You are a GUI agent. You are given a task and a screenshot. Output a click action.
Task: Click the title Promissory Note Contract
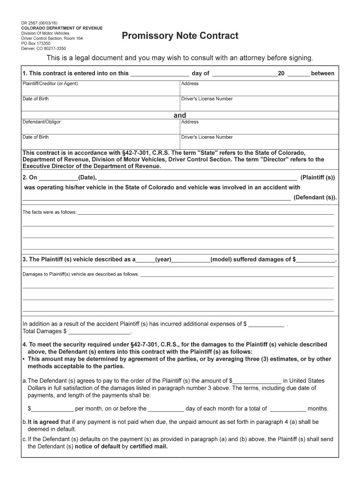180,36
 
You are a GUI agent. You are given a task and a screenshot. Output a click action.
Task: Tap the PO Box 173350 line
36,43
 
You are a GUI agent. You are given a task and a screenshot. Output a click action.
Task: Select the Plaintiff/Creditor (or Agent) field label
50,84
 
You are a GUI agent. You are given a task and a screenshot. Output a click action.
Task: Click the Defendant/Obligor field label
42,122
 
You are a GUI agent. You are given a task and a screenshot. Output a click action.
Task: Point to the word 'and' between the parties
180,115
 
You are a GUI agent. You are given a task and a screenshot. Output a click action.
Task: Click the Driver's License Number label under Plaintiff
207,99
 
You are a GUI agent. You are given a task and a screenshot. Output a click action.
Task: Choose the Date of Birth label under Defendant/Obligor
36,137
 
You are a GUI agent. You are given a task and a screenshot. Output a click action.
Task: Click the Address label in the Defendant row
190,122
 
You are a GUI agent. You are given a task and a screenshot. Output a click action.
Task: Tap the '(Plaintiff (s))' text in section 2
317,178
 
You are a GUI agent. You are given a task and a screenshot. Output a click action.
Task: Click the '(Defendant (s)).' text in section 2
315,197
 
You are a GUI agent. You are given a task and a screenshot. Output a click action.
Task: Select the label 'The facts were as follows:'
50,212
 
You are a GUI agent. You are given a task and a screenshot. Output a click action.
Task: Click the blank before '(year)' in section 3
145,259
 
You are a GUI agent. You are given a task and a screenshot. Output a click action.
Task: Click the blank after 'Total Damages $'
100,331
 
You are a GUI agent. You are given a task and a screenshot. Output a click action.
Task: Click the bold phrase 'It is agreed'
43,421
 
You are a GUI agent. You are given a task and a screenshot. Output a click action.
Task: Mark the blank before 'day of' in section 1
159,73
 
